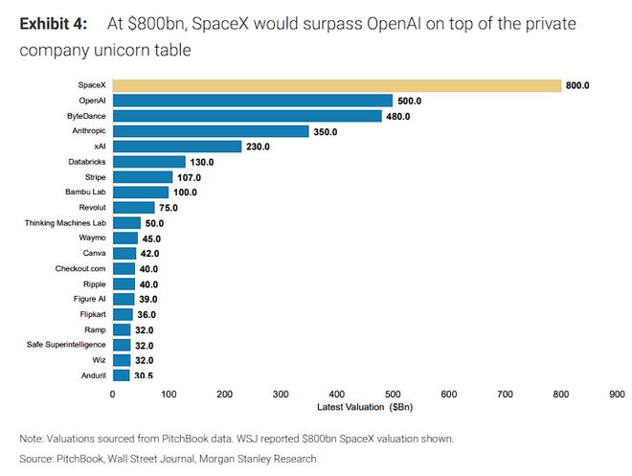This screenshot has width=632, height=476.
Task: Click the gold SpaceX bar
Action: [x=336, y=85]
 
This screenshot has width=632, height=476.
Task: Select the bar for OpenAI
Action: [x=252, y=101]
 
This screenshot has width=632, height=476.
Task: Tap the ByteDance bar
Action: [x=247, y=116]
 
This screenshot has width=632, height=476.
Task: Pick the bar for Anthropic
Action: [x=211, y=131]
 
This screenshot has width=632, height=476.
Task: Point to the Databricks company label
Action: [x=87, y=162]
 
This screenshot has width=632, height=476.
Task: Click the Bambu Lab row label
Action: [x=86, y=193]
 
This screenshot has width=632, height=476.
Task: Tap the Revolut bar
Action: [x=133, y=208]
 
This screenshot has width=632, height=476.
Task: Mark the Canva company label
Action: [x=94, y=254]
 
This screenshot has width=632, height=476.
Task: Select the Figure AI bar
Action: [x=124, y=299]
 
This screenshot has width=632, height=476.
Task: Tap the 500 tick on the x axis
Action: [x=393, y=393]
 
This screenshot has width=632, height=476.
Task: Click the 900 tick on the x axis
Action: [x=617, y=393]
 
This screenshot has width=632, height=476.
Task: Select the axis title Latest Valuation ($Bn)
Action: [x=363, y=407]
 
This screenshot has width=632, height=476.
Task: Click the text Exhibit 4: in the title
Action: [x=53, y=23]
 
